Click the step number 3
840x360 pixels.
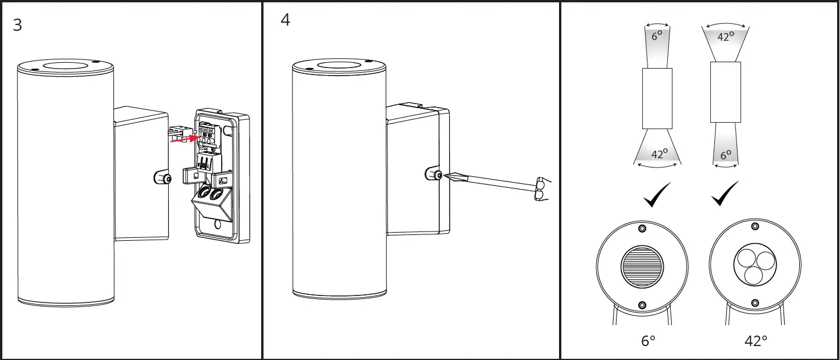click(17, 26)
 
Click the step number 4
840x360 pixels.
click(286, 20)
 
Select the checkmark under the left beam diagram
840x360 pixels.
click(657, 195)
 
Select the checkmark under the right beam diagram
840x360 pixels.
click(725, 194)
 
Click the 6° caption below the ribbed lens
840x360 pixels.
click(648, 341)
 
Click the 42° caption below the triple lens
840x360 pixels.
click(756, 341)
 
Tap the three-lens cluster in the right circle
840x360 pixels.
click(755, 265)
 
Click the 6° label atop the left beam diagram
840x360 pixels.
click(657, 35)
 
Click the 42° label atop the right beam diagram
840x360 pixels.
click(725, 36)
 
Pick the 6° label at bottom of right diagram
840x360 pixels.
click(725, 155)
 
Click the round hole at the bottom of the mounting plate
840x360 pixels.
click(219, 224)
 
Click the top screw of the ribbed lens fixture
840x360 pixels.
click(642, 227)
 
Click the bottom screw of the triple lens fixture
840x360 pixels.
click(755, 303)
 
